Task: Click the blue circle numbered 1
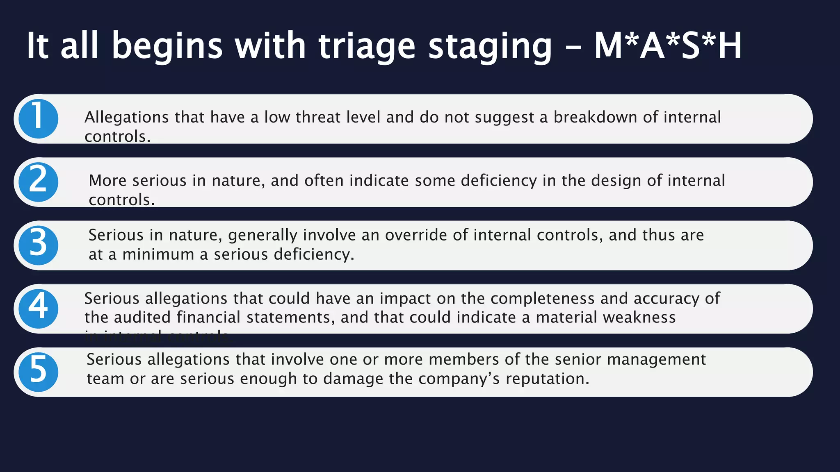[38, 119]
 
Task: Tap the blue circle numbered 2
[38, 182]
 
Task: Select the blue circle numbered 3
[38, 245]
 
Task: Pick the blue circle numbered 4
[38, 309]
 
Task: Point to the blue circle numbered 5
[38, 372]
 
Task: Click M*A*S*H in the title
[668, 46]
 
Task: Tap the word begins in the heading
[167, 46]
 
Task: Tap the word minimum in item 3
[158, 254]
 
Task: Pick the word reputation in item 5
[547, 379]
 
